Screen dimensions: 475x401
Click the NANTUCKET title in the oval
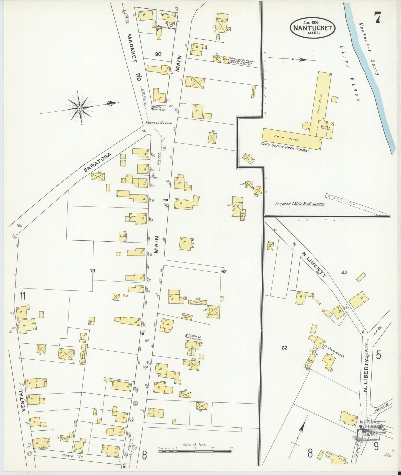tap(312, 28)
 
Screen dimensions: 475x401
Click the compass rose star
tap(80, 108)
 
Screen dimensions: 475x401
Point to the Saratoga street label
tap(98, 163)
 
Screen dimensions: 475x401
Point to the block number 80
tap(158, 54)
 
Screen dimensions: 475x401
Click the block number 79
tap(92, 271)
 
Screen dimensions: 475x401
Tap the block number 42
tap(344, 273)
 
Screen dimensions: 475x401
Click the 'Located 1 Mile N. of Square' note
tap(300, 204)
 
